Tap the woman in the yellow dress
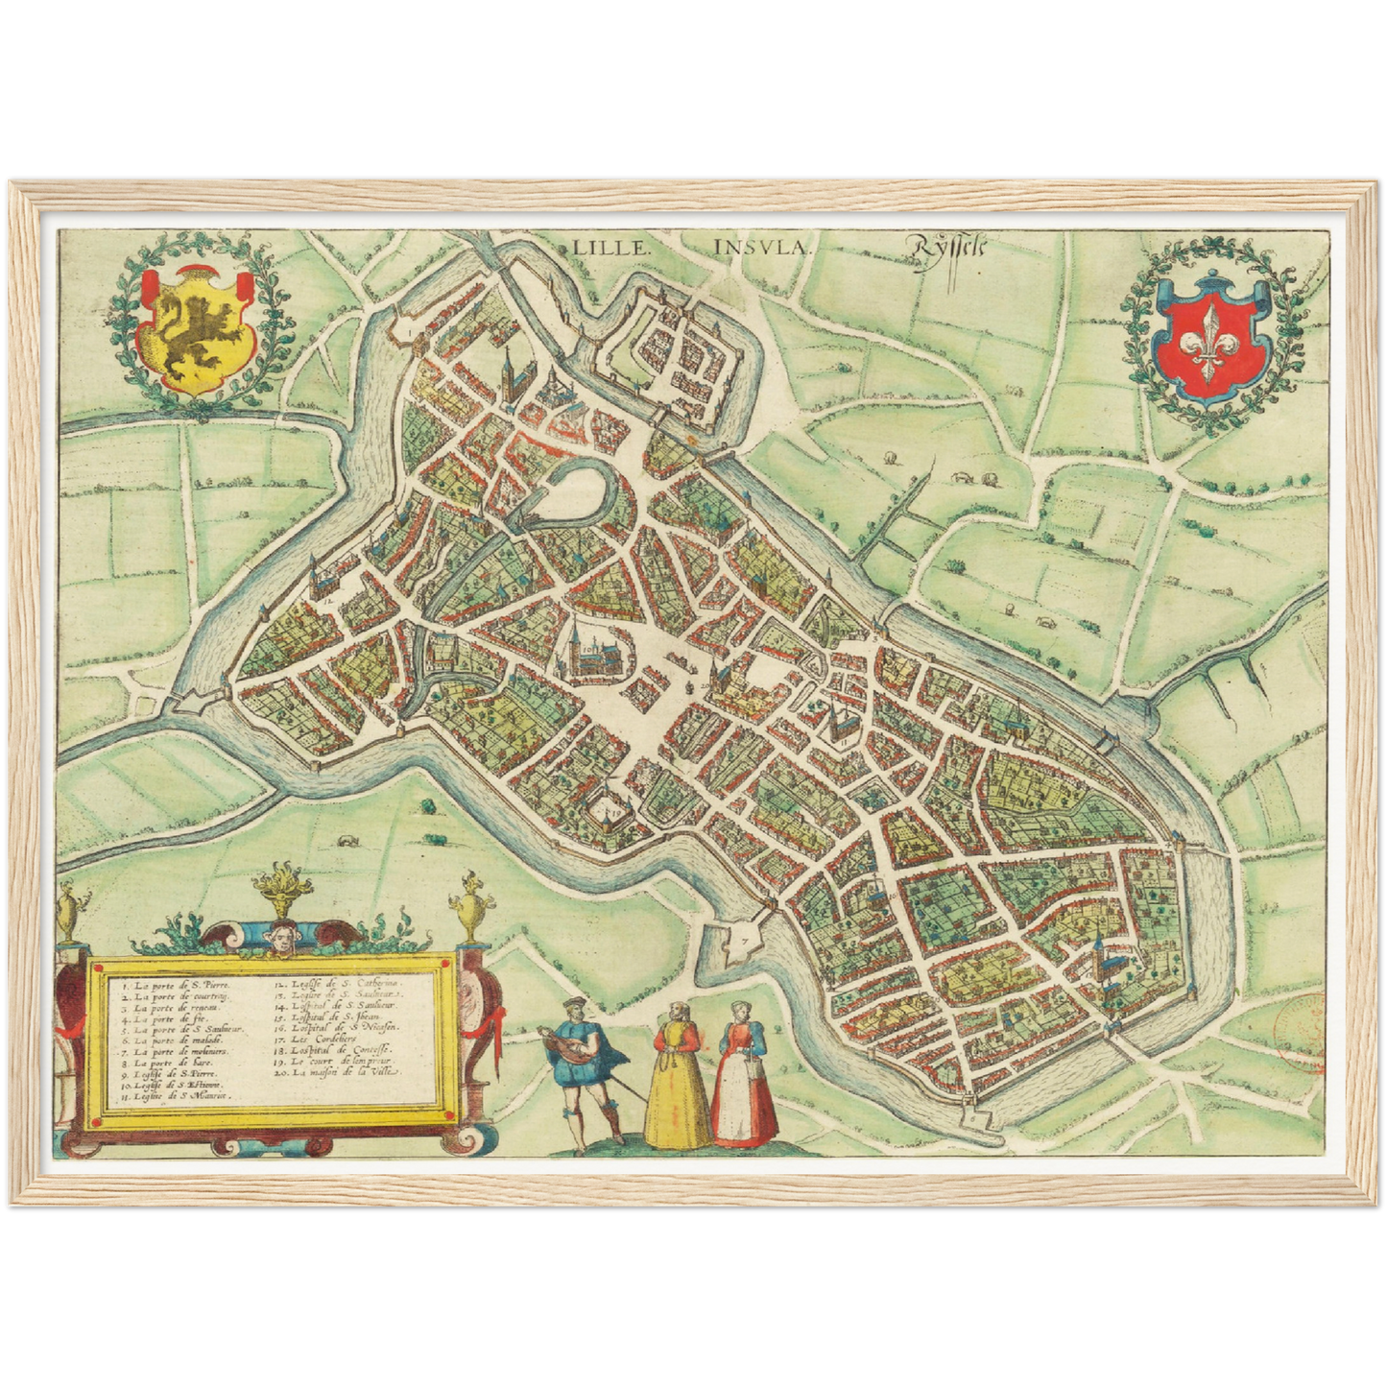(677, 1075)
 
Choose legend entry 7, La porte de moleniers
(179, 1052)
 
